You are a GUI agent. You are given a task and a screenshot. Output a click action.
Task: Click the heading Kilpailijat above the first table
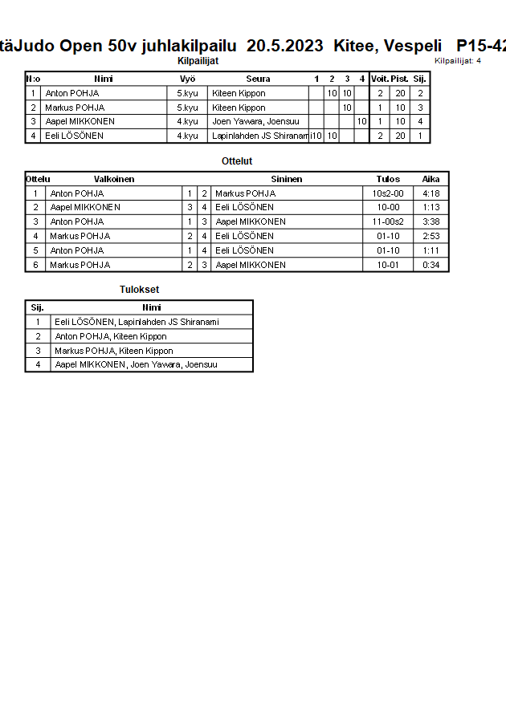(198, 60)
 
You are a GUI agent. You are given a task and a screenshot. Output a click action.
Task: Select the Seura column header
(258, 79)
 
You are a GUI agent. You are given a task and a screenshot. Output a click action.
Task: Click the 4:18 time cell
(431, 193)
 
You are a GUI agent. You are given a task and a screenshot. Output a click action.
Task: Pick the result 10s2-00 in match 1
(388, 193)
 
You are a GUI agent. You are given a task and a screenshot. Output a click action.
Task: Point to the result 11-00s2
(388, 221)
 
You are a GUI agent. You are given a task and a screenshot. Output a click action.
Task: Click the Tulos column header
(388, 179)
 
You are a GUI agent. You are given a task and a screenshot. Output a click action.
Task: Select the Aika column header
(431, 179)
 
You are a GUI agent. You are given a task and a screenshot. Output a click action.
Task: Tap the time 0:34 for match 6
(431, 265)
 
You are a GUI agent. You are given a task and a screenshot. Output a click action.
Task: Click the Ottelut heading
(237, 161)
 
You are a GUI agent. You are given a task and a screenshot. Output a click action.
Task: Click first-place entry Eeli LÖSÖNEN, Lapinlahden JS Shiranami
(137, 322)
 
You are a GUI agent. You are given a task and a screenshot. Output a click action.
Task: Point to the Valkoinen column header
(114, 179)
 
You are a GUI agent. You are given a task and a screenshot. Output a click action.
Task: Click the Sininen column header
(287, 179)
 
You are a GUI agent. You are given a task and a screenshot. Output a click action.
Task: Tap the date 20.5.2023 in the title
(285, 46)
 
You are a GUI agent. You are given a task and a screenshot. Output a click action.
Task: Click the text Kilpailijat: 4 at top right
(458, 60)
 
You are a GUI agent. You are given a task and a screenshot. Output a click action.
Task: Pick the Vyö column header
(188, 79)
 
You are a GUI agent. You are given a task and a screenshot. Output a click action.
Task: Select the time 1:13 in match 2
(431, 207)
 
